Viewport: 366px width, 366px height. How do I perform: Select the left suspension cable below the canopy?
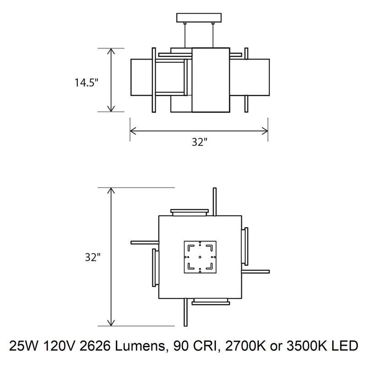(x=185, y=34)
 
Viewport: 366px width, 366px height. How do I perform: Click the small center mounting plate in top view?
(x=199, y=258)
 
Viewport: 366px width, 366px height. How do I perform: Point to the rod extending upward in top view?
(x=214, y=201)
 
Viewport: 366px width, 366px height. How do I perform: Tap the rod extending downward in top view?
(x=185, y=314)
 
